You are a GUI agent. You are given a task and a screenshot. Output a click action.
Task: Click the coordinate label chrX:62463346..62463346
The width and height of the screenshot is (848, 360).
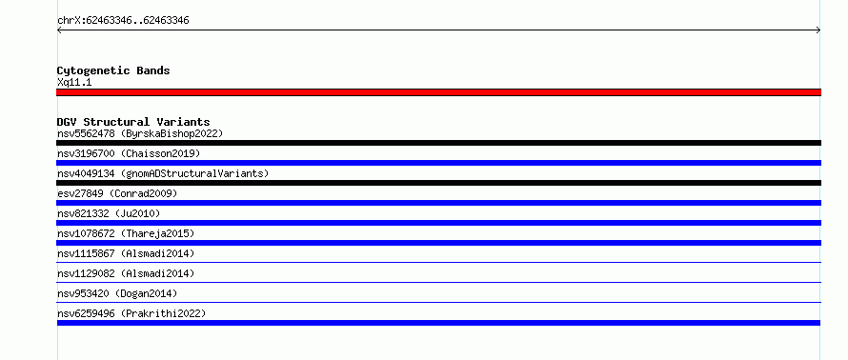point(123,21)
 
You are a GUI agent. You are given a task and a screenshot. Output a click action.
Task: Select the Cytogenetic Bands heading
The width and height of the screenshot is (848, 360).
point(113,70)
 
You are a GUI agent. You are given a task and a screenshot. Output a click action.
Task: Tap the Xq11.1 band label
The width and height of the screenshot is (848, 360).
point(74,83)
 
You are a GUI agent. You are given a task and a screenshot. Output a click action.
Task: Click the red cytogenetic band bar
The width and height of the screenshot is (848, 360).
point(438,92)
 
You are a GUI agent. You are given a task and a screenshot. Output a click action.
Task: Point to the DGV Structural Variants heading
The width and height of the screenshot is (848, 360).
point(133,122)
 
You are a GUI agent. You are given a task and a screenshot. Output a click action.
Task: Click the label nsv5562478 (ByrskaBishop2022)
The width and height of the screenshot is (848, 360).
point(140,133)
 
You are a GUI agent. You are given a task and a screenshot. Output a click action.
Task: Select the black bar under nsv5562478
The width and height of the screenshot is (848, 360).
point(438,143)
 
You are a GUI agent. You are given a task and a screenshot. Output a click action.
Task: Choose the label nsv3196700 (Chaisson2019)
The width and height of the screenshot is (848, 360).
point(129,153)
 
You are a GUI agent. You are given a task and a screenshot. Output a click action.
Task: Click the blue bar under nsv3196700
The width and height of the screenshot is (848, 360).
point(438,163)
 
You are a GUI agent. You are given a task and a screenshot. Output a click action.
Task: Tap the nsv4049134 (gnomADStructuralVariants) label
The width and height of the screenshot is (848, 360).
point(163,173)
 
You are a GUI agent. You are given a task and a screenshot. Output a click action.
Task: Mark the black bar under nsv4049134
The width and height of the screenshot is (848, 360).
point(438,183)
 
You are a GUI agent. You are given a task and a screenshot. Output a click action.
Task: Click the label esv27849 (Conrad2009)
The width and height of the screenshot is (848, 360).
point(117,193)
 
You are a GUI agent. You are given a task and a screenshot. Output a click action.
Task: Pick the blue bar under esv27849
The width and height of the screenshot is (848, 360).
point(438,203)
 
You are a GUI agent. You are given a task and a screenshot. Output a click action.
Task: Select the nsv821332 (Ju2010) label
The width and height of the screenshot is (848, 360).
point(109,213)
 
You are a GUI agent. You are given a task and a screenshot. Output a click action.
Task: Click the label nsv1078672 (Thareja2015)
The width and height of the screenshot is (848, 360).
point(126,233)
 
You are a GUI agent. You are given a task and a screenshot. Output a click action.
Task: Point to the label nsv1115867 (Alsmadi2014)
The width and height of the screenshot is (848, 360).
point(126,253)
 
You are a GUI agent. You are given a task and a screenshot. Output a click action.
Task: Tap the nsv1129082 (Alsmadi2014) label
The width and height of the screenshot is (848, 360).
point(126,273)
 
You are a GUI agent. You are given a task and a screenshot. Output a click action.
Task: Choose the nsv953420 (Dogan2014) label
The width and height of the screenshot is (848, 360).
point(117,293)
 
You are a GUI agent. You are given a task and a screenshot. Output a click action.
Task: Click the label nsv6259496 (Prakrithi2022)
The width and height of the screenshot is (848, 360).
point(131,313)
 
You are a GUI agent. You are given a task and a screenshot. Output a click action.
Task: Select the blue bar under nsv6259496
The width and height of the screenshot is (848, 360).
point(438,323)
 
